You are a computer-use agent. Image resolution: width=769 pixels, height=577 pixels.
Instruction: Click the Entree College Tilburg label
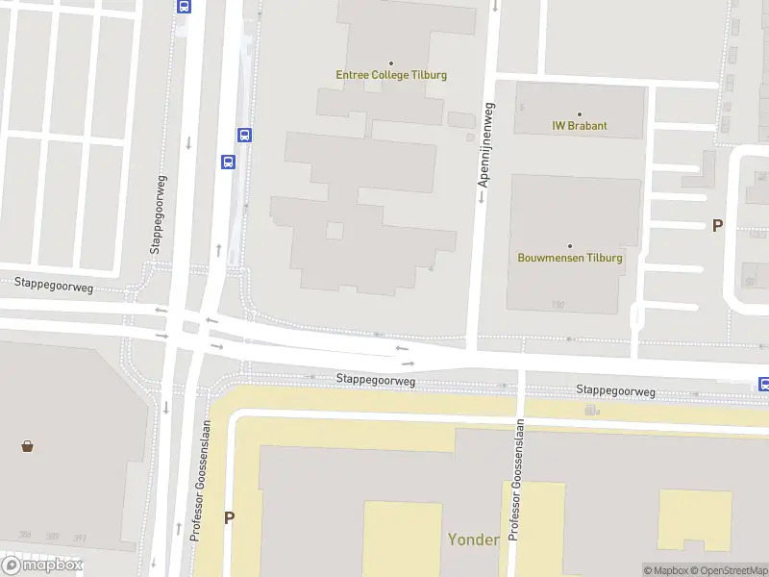pyautogui.click(x=390, y=75)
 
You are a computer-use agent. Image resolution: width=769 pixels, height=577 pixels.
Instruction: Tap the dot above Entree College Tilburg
pyautogui.click(x=390, y=63)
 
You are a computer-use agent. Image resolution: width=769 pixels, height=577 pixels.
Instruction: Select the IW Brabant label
pyautogui.click(x=579, y=126)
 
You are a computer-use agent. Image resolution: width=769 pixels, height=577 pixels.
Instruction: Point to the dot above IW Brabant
pyautogui.click(x=579, y=114)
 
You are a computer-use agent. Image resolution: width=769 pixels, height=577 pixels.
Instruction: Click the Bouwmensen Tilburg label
pyautogui.click(x=570, y=258)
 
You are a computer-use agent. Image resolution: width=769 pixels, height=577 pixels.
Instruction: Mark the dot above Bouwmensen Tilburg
pyautogui.click(x=570, y=246)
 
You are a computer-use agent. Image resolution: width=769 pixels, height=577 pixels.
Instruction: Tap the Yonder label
pyautogui.click(x=473, y=539)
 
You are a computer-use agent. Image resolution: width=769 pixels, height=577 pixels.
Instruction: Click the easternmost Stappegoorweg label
pyautogui.click(x=615, y=391)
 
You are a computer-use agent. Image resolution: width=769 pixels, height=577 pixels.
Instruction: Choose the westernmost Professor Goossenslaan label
pyautogui.click(x=201, y=481)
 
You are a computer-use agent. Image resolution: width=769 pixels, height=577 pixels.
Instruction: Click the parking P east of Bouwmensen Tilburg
pyautogui.click(x=716, y=226)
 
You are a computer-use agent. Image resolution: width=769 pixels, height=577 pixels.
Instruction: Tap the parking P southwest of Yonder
pyautogui.click(x=229, y=517)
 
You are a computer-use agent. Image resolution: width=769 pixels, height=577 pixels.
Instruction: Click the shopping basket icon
pyautogui.click(x=27, y=446)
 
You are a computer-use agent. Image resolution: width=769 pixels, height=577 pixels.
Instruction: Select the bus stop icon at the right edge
pyautogui.click(x=764, y=384)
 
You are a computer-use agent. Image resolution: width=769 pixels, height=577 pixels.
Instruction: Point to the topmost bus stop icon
pyautogui.click(x=185, y=5)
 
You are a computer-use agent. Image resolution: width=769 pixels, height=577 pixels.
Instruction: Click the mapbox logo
pyautogui.click(x=42, y=565)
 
